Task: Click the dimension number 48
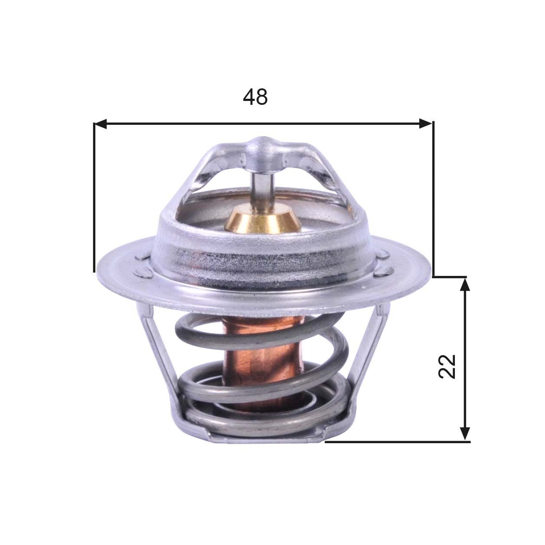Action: tap(255, 97)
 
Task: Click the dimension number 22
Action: tap(448, 367)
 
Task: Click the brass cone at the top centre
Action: tap(262, 219)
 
